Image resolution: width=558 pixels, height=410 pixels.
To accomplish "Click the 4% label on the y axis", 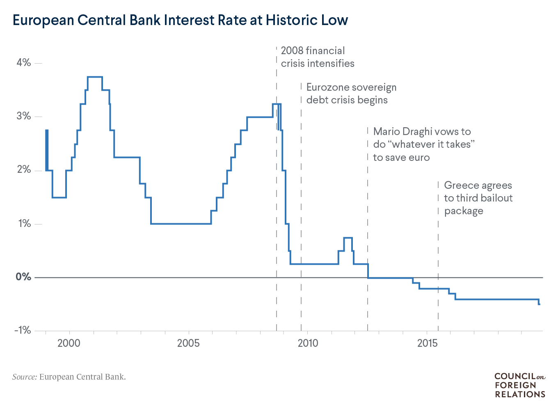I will point(23,63).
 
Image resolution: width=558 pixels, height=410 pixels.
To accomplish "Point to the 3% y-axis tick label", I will point(23,116).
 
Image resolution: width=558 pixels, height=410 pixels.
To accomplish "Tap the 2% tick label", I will point(23,170).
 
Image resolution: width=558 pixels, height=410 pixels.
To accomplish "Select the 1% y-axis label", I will point(23,224).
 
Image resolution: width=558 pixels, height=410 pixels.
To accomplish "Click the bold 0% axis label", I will point(23,277).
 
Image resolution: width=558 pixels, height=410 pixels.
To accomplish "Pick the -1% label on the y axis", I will point(22,330).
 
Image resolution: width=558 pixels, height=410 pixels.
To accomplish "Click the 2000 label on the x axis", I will point(69,343).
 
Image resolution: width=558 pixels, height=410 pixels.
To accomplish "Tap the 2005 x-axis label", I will point(188,343).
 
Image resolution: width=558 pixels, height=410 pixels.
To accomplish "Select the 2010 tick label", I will point(308,343).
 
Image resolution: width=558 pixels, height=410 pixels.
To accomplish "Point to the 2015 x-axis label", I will point(428,343).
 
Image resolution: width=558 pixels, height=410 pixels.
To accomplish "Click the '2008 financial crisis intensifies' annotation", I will point(317,57).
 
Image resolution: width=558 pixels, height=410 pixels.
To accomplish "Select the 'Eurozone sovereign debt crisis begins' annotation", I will point(351,94).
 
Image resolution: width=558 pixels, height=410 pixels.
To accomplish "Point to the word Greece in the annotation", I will point(462,186).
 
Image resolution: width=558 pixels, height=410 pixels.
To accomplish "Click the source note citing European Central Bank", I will point(69,377).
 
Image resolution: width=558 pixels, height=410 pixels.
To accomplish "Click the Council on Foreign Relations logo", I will point(519,385).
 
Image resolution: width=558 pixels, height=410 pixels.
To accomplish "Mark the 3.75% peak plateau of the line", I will point(95,77).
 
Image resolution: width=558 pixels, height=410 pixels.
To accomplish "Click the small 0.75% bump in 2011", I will point(348,238).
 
